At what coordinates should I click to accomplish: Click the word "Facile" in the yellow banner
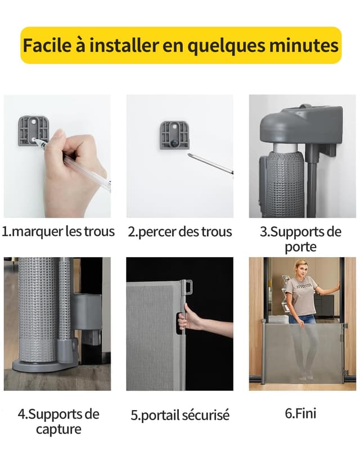47,45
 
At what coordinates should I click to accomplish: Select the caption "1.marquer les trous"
58,231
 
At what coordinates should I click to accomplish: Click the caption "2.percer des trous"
179,232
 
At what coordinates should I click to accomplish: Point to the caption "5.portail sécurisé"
180,415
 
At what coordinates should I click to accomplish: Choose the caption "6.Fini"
300,413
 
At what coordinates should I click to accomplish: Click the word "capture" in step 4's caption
58,429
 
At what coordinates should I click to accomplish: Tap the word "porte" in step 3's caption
300,247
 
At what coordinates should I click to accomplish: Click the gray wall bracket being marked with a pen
33,130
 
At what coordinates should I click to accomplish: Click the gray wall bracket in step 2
174,136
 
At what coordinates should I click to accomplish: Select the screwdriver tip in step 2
189,155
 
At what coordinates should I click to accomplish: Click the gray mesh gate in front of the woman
303,352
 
